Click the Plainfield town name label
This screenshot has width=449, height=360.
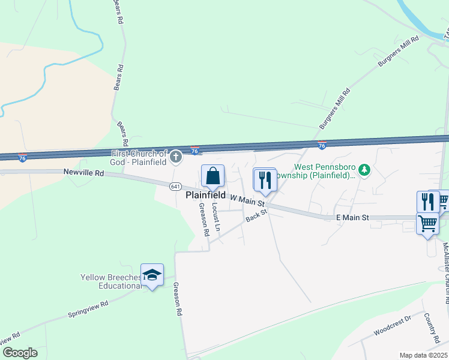205,195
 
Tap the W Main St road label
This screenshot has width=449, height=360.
247,200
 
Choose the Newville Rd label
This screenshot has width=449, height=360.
83,173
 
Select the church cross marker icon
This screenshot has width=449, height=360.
176,157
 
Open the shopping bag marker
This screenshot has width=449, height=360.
212,177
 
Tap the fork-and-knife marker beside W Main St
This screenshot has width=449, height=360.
265,179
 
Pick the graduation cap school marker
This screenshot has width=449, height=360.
152,275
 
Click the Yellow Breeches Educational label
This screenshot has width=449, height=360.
111,281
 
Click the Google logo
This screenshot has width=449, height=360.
20,353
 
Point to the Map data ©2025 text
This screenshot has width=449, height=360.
423,355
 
